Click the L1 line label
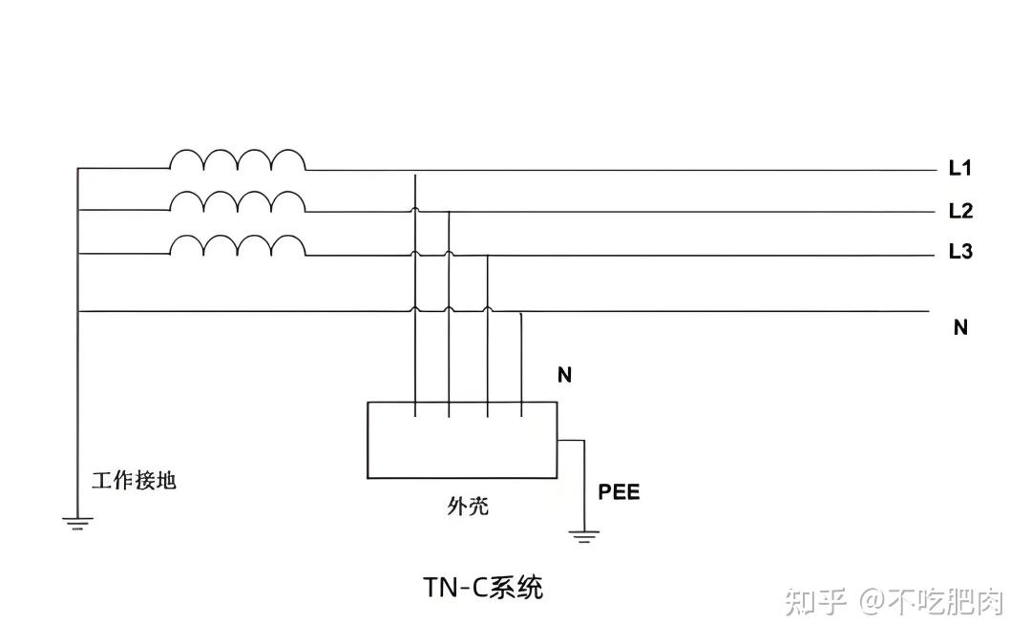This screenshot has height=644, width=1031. (959, 169)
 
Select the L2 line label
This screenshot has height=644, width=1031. (959, 211)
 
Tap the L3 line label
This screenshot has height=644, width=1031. (959, 252)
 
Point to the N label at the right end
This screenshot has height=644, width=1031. (960, 327)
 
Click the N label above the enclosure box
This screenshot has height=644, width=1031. (564, 375)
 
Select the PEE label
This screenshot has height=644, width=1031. (619, 492)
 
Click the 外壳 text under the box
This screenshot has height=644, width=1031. (468, 506)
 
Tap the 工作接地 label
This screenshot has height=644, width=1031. (134, 480)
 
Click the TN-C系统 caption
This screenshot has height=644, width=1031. (483, 587)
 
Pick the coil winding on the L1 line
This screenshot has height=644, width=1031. (238, 160)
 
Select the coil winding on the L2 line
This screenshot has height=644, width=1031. (238, 202)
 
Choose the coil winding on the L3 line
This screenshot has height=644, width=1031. (238, 245)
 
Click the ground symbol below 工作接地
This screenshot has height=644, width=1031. (78, 521)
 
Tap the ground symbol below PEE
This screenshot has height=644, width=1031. (583, 534)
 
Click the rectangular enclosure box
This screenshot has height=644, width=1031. (462, 440)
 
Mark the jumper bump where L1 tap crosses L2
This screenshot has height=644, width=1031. (415, 209)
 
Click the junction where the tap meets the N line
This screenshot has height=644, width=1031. (520, 312)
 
